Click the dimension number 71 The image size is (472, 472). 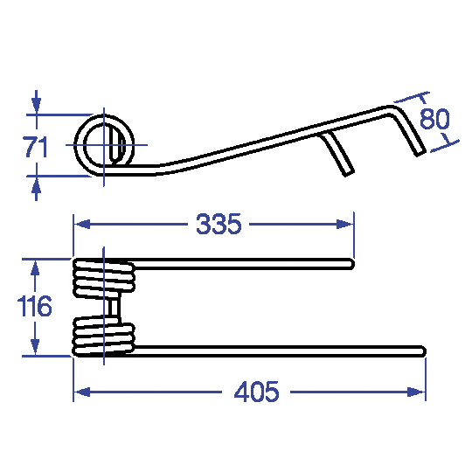point(36,147)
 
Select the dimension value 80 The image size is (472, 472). point(434,119)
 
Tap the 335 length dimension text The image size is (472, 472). point(219,224)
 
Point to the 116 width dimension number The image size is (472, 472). point(35,306)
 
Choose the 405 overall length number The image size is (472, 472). point(256,392)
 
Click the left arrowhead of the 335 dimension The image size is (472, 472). point(82,225)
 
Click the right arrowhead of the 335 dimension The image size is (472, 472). point(344,225)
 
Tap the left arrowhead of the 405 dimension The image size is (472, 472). point(82,392)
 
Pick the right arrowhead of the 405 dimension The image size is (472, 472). point(416,392)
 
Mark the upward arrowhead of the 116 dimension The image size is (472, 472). point(35,268)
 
